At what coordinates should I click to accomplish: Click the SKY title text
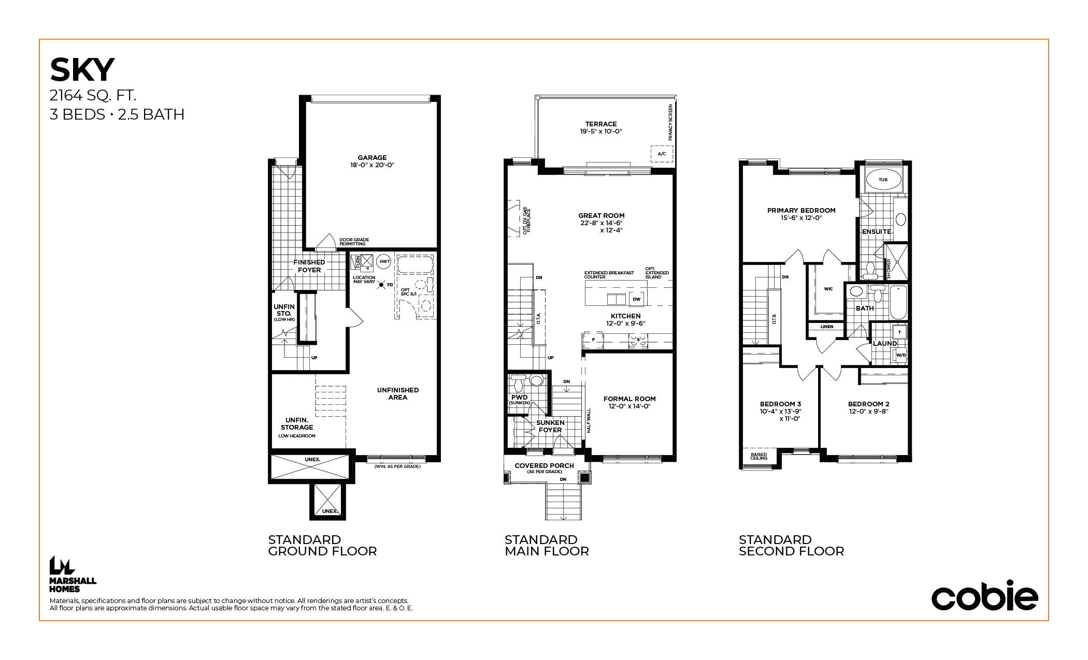tap(82, 70)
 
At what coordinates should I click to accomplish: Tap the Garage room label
tap(372, 161)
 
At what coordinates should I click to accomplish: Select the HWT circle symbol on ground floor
tap(384, 261)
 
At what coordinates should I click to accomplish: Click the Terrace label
tap(601, 127)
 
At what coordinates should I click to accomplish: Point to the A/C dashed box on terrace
tap(662, 154)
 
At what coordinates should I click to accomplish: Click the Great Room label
tap(602, 223)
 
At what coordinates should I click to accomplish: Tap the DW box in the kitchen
tap(636, 299)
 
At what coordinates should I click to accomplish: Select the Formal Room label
tap(629, 402)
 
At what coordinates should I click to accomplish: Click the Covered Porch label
tap(544, 467)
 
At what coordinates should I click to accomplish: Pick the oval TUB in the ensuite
tap(883, 180)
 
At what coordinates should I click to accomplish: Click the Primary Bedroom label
tap(801, 214)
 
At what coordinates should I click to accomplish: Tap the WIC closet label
tap(828, 289)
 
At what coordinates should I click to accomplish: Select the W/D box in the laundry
tap(901, 355)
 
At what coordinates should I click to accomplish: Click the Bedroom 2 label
tap(869, 407)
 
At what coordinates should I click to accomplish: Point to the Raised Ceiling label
tap(758, 456)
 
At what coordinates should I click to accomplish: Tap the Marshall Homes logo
tap(73, 574)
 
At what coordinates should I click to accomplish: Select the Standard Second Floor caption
tap(791, 546)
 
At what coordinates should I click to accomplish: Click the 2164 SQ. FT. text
tap(93, 95)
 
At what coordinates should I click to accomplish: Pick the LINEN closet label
tap(827, 327)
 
